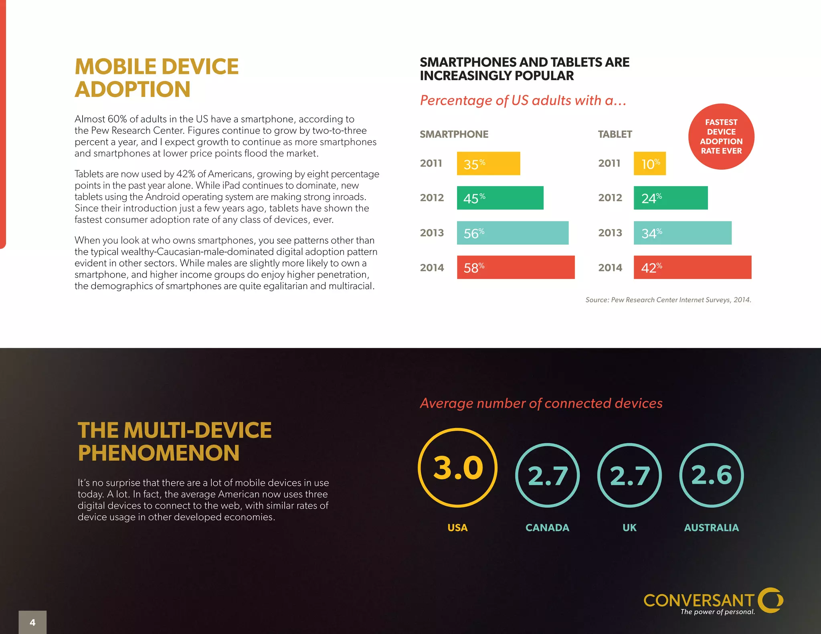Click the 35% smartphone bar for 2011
tap(488, 164)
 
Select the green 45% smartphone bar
tap(500, 198)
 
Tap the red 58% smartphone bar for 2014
tap(516, 267)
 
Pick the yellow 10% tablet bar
tap(649, 164)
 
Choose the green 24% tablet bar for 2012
tap(670, 198)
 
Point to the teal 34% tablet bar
tap(682, 233)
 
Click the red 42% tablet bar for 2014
tap(692, 267)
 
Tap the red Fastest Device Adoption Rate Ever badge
tap(721, 137)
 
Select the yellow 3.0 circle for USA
tap(457, 468)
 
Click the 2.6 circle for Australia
tap(711, 475)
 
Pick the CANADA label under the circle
tap(547, 528)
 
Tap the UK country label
tap(629, 528)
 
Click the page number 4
tap(32, 622)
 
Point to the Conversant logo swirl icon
tap(770, 600)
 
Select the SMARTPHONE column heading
tap(454, 134)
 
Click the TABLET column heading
tap(615, 134)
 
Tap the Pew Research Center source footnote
tap(668, 300)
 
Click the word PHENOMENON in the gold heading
tap(159, 453)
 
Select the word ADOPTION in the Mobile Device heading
tap(133, 89)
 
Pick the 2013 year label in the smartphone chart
tap(432, 233)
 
